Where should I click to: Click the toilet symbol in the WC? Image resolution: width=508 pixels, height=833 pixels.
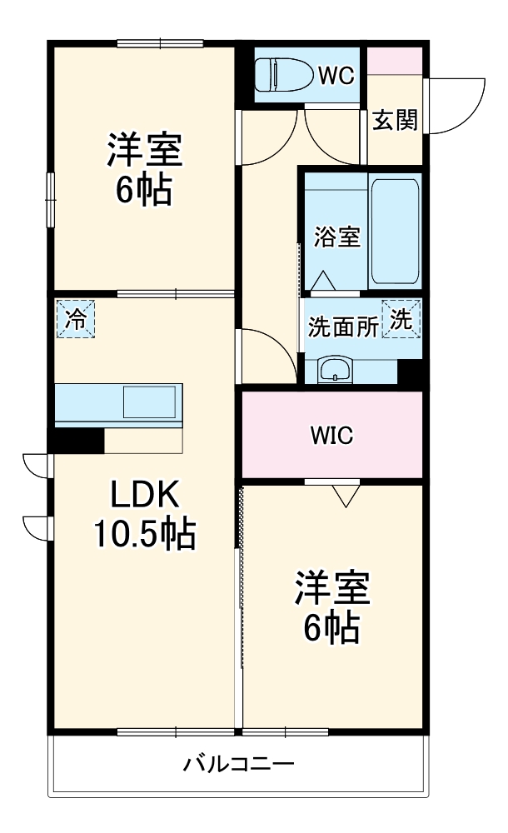[x=284, y=75]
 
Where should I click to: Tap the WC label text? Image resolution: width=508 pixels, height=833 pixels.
[x=336, y=76]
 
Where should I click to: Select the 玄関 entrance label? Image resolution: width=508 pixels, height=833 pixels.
[x=394, y=121]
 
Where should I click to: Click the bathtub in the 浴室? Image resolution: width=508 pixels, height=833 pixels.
[x=395, y=231]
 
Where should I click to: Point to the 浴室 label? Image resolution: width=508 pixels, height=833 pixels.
[x=337, y=237]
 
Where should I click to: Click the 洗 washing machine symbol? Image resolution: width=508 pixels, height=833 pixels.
[x=401, y=319]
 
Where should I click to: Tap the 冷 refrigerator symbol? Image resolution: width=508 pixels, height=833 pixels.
[x=76, y=319]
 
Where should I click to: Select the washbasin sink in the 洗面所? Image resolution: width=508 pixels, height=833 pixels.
[x=335, y=369]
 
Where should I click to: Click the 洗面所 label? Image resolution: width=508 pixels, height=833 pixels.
[x=343, y=327]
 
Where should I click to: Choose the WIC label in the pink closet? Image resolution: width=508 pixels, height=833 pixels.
[x=331, y=436]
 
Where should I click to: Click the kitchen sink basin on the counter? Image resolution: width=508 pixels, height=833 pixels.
[x=149, y=402]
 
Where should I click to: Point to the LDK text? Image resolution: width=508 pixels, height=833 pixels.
[x=144, y=494]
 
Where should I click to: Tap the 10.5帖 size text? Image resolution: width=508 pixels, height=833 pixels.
[x=145, y=533]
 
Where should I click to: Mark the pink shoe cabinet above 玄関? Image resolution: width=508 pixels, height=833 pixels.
[x=395, y=61]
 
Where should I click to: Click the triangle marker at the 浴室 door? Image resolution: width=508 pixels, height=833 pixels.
[x=322, y=281]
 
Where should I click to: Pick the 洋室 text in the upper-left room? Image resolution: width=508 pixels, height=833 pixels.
[x=145, y=150]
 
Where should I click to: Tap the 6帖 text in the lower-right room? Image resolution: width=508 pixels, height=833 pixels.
[x=331, y=627]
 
